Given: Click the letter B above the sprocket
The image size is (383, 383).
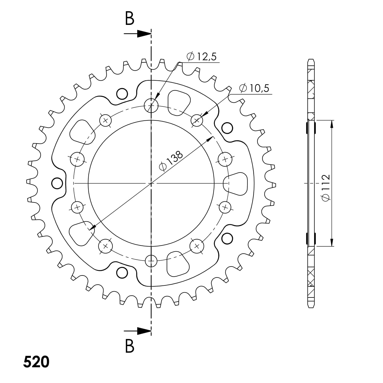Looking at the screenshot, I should pyautogui.click(x=130, y=19).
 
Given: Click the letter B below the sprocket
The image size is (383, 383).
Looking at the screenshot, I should pyautogui.click(x=130, y=346).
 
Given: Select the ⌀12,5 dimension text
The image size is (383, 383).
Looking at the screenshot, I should pyautogui.click(x=202, y=57).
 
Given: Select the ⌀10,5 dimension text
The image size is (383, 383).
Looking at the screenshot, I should pyautogui.click(x=254, y=88).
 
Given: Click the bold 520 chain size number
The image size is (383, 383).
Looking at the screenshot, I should pyautogui.click(x=36, y=362).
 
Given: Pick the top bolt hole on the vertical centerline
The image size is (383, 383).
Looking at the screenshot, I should pyautogui.click(x=151, y=106).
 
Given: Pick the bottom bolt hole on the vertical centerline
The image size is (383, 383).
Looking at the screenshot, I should pyautogui.click(x=151, y=261).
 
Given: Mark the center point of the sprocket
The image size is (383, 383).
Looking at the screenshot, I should pyautogui.click(x=151, y=183).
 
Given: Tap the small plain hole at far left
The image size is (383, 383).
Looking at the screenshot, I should pyautogui.click(x=57, y=183).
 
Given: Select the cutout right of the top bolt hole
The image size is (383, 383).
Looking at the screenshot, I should pyautogui.click(x=178, y=102).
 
